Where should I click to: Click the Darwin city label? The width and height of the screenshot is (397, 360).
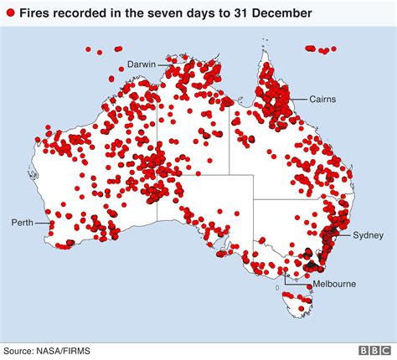(142, 64)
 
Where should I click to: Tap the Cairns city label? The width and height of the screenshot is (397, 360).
(322, 99)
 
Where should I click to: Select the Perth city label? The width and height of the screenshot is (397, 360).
(22, 223)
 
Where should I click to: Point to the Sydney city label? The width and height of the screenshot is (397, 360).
(368, 234)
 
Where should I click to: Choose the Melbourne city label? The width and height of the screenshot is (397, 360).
(333, 284)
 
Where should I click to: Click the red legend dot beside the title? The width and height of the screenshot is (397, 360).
(10, 13)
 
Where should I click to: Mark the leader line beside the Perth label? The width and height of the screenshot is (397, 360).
(42, 223)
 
